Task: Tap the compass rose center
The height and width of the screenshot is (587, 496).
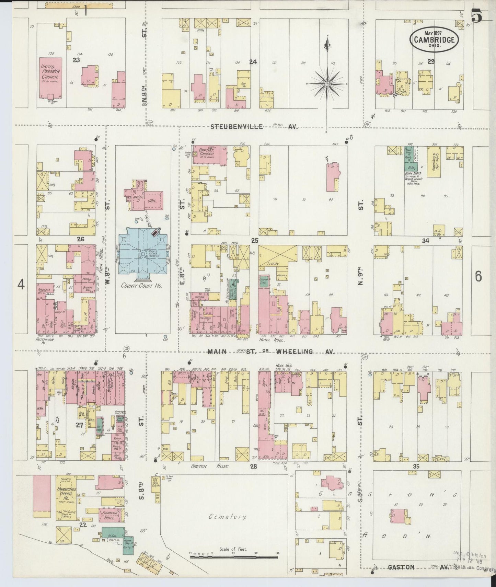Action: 327,83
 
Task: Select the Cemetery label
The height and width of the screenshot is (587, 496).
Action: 227,517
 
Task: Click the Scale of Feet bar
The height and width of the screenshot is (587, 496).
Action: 233,555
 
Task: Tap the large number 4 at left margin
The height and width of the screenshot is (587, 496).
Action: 21,285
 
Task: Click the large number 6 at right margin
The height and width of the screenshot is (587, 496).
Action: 478,276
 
